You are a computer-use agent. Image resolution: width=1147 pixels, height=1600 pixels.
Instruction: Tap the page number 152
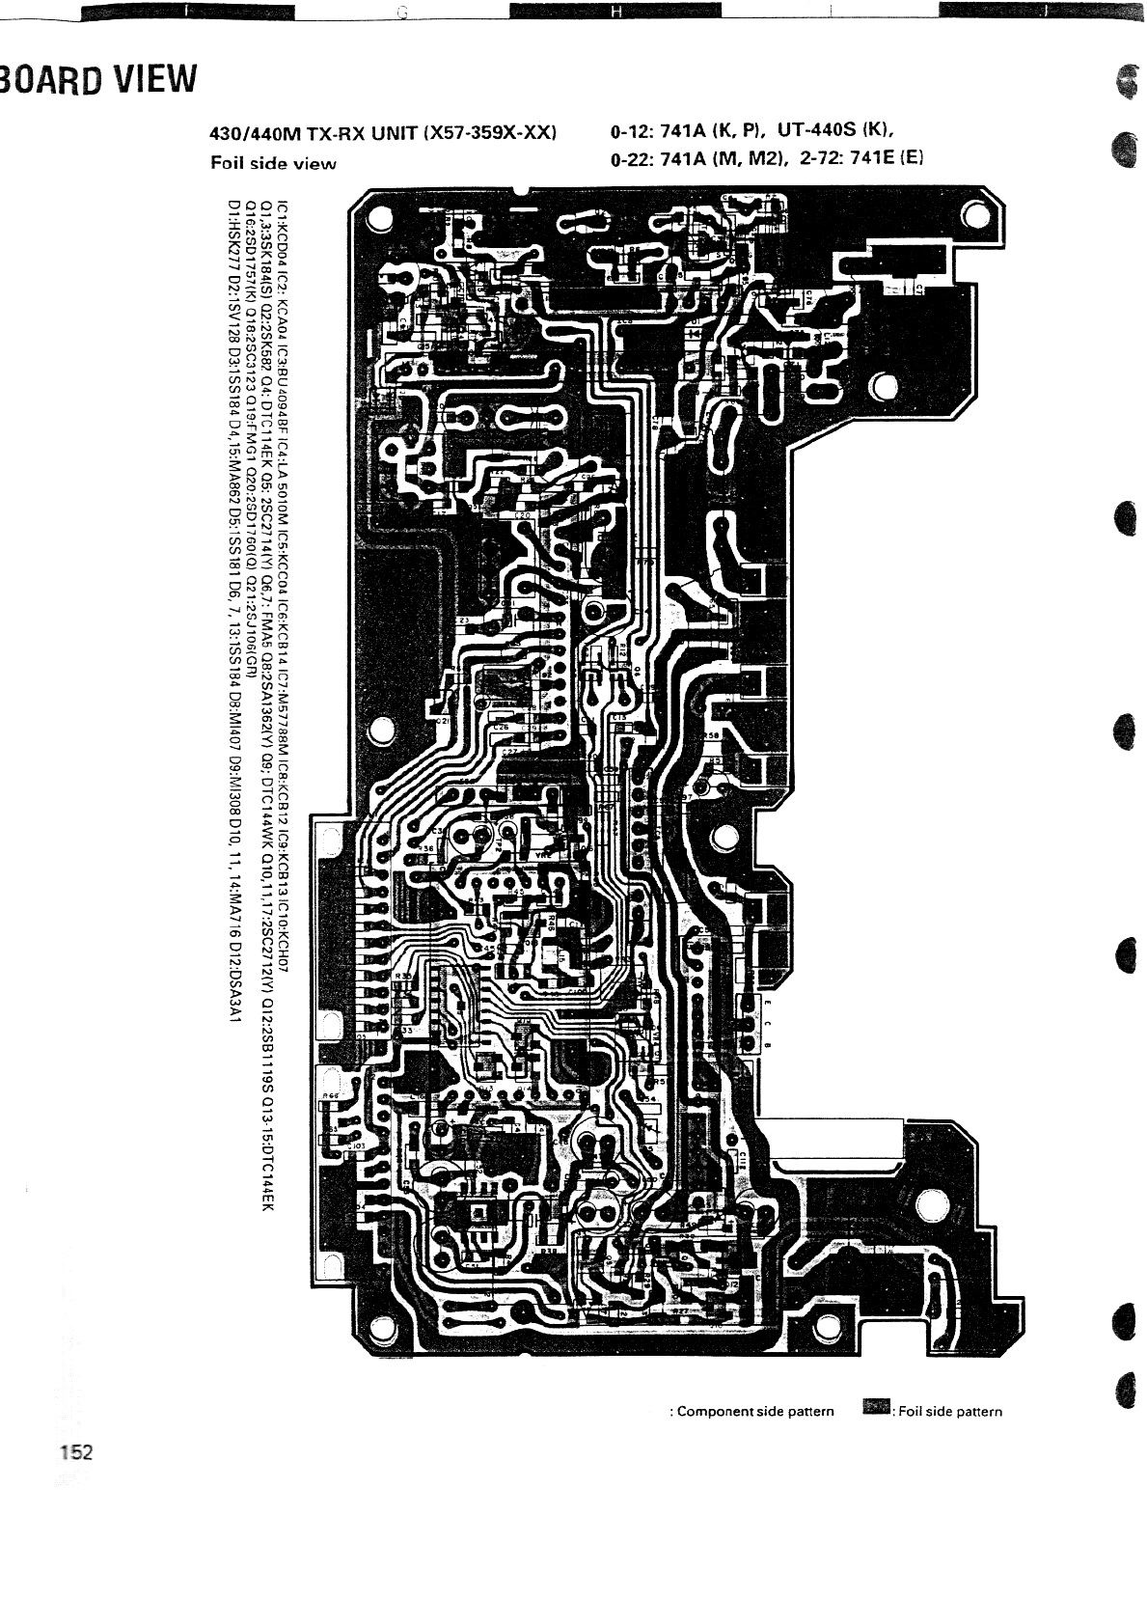(x=74, y=1452)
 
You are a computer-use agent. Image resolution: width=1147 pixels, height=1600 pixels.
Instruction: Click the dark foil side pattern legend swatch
(x=876, y=1409)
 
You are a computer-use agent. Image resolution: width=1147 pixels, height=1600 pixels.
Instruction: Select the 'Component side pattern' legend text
(x=755, y=1411)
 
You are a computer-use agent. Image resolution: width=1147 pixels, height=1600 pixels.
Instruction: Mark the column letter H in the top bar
(x=615, y=12)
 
